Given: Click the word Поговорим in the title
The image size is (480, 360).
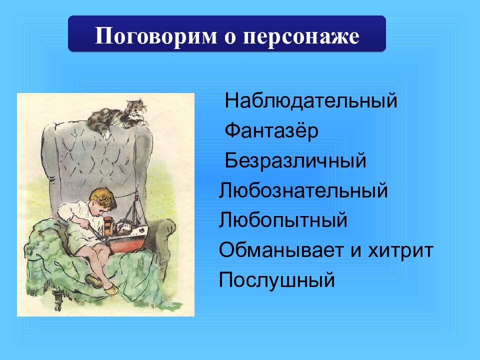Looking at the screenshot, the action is tap(156, 36).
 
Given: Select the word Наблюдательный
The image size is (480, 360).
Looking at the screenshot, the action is tap(310, 100).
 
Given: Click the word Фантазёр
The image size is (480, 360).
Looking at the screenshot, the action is tap(271, 130).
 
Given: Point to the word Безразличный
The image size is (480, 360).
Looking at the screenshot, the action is tap(295, 160).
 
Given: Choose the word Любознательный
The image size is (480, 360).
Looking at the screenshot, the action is tap(303, 190).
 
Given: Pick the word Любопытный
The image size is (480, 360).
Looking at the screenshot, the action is tap(283, 220).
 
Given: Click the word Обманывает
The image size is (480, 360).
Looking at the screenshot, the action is tap(281, 250).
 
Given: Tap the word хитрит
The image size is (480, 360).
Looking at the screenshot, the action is tap(400, 250).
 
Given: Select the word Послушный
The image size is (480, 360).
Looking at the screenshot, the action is tap(276, 280).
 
